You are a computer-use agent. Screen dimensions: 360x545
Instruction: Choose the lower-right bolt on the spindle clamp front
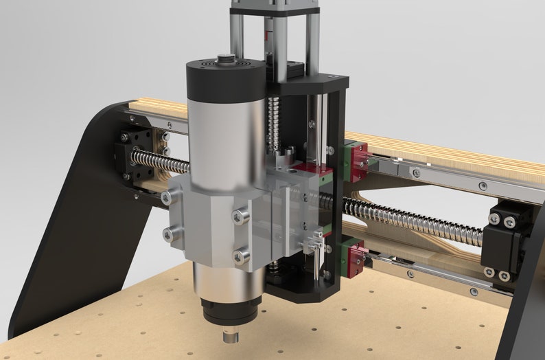(x=240, y=257)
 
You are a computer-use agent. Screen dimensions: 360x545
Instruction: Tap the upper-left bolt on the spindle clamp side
(x=166, y=198)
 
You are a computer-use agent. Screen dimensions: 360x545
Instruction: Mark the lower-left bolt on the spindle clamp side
(x=167, y=234)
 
